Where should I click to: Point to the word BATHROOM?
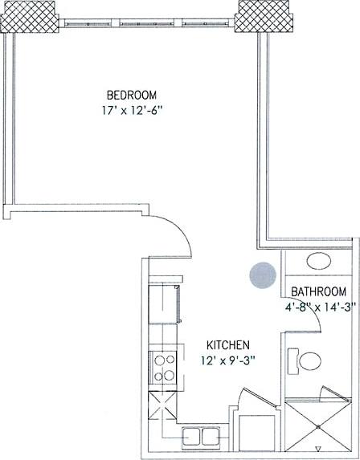[318, 291]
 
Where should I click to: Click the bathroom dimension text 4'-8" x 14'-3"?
[318, 306]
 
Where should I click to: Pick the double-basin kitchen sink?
[202, 437]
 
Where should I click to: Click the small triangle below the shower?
[319, 450]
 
